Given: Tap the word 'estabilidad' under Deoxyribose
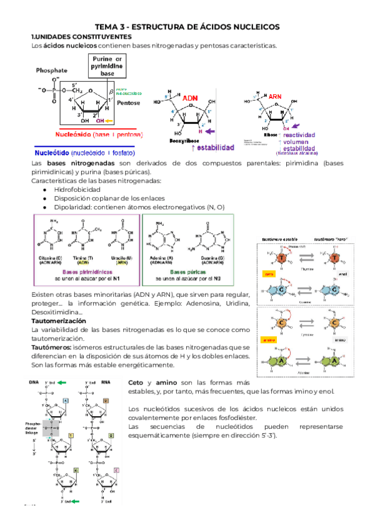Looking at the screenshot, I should (x=215, y=147).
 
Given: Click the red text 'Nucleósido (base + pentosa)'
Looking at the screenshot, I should (x=90, y=134).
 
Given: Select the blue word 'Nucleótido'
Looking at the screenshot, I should (x=55, y=152).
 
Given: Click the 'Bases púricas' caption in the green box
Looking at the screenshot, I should (x=188, y=272).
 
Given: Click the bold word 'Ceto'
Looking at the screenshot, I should (x=137, y=382).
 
